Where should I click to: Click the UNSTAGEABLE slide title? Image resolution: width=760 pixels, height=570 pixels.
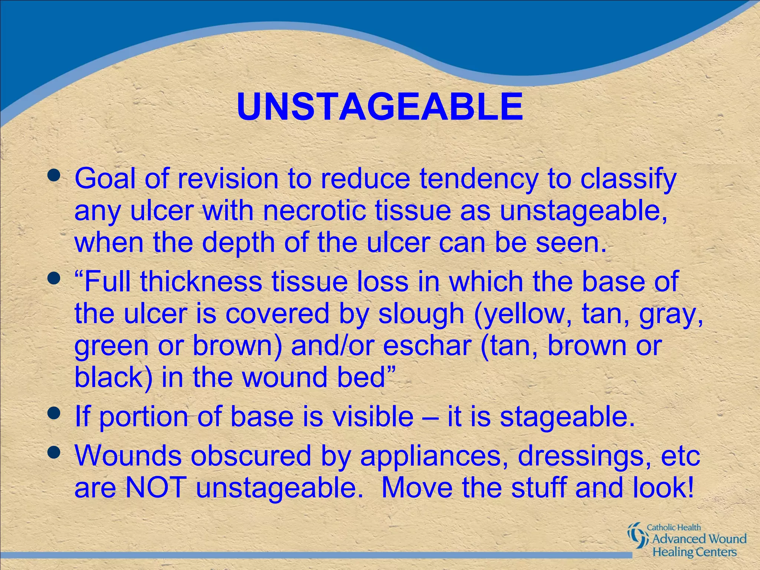click(380, 107)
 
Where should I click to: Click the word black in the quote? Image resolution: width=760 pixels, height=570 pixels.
click(113, 377)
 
